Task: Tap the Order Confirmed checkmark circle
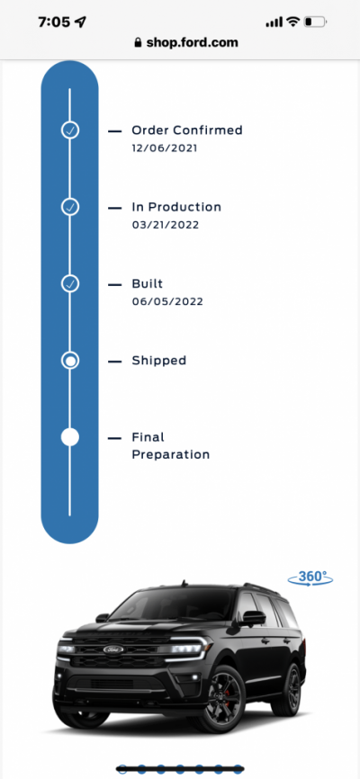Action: (70, 130)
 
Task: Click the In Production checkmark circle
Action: (70, 207)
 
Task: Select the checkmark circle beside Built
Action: (70, 283)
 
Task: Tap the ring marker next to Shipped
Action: (70, 361)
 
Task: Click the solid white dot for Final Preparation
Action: (70, 437)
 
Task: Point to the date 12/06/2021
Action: (165, 148)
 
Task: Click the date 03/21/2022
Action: (166, 225)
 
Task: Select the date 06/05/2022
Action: (167, 301)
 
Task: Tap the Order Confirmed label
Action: (187, 130)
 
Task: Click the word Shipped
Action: (159, 360)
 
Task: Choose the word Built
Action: (148, 283)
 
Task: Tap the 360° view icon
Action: (310, 578)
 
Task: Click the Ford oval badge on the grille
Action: (113, 649)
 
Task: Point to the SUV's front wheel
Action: (220, 699)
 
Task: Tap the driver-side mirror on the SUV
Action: (253, 618)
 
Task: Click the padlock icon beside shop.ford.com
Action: (138, 43)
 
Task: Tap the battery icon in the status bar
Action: (315, 22)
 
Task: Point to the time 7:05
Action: (55, 22)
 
